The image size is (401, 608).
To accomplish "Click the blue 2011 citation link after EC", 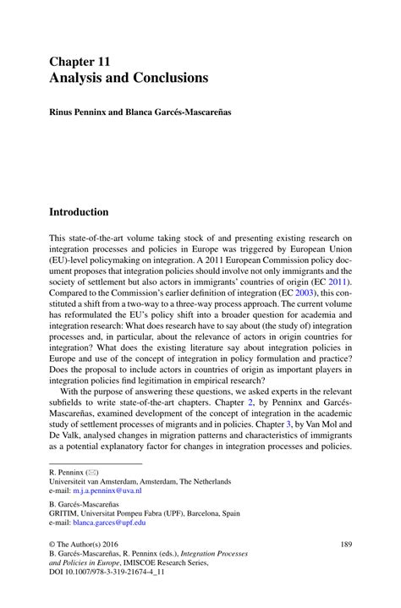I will click(x=338, y=282).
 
